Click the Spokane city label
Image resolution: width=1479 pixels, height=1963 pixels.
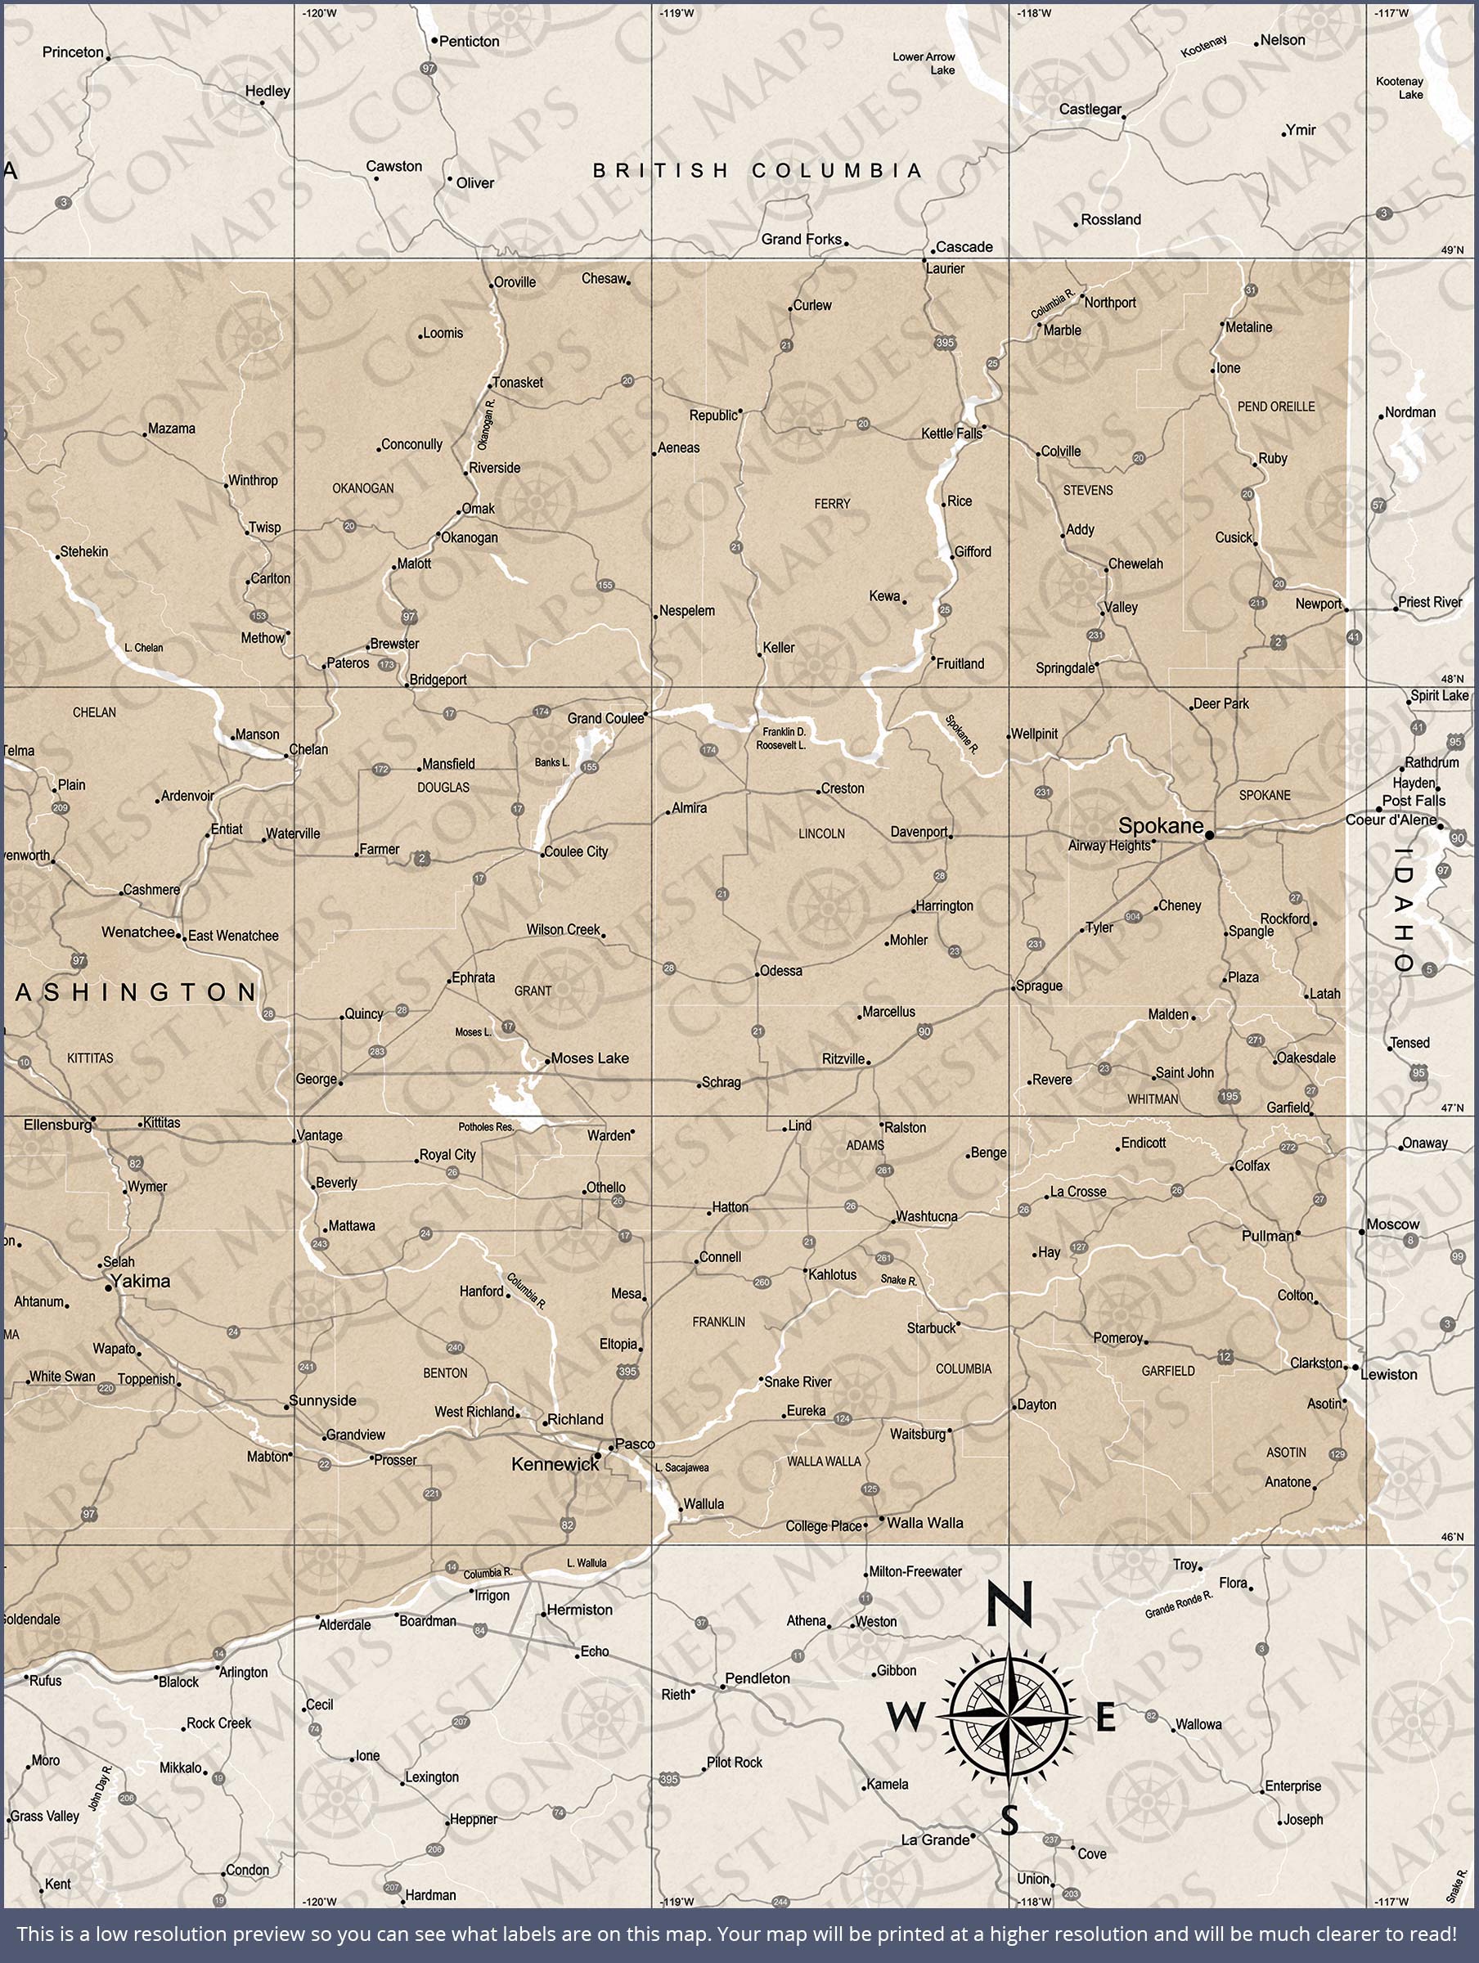pos(1160,825)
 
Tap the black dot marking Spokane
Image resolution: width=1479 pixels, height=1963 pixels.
pos(1209,835)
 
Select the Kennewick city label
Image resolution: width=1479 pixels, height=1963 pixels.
pos(555,1464)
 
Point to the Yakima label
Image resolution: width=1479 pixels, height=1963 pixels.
pos(142,1281)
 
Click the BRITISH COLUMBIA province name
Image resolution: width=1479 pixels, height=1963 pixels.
pos(757,170)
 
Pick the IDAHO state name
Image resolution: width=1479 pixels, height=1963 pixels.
pos(1404,910)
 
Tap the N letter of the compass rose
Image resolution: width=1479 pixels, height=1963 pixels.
pos(1009,1605)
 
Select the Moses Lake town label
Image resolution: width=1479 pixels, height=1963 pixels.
pos(590,1058)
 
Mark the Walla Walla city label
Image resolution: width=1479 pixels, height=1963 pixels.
pos(925,1523)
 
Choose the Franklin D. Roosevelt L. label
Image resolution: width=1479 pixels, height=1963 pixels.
pos(781,739)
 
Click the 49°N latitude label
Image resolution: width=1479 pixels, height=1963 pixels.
pos(1452,250)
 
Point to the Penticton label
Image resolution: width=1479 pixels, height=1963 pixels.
pos(470,42)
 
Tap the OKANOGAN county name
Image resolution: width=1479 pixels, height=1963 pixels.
pos(363,488)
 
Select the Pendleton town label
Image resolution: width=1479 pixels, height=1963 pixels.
pos(757,1678)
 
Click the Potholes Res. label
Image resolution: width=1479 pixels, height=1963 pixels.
pos(487,1127)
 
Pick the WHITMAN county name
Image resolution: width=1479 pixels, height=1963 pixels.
pos(1153,1098)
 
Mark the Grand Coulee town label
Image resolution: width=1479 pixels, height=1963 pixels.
pos(605,718)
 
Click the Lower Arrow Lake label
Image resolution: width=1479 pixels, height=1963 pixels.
pos(924,63)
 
